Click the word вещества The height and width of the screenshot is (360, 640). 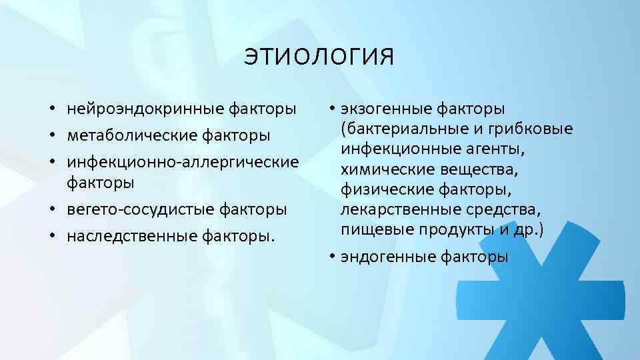pos(466,169)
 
